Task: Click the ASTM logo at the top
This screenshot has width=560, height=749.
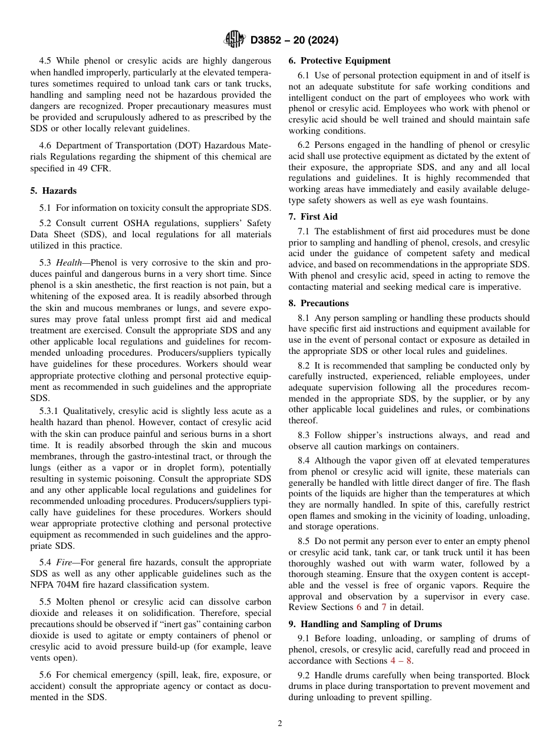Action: point(235,40)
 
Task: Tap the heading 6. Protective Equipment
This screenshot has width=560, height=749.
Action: point(340,61)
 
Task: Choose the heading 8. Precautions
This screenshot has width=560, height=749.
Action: point(318,303)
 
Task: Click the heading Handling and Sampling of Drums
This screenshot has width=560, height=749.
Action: point(371,624)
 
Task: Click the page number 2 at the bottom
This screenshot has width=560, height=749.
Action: point(280,724)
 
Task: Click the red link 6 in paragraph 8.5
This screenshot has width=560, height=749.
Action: point(367,607)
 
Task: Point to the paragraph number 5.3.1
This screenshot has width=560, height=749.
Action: point(48,412)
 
